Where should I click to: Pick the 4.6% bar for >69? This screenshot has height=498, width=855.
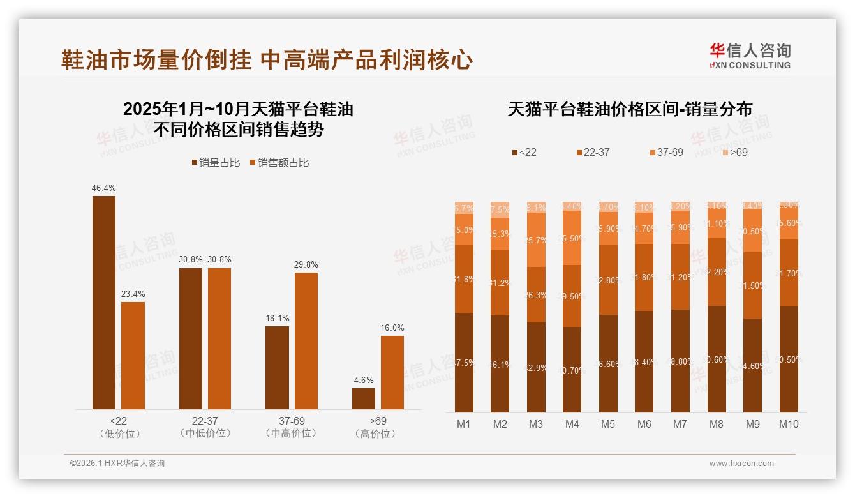pos(364,398)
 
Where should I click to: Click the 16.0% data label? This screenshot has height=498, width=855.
pos(392,328)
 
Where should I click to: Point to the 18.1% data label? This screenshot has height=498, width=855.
pos(278,318)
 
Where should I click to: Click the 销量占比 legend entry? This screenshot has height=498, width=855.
pos(216,163)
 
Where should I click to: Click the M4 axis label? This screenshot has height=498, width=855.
pos(572,424)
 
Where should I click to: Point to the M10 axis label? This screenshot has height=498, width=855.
pos(789,424)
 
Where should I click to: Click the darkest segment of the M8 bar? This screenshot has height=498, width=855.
pos(717,359)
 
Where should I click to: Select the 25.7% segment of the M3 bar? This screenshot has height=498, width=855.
pos(536,239)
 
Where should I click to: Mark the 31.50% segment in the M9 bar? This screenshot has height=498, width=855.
pos(753,285)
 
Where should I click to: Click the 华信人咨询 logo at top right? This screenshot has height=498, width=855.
pos(750,56)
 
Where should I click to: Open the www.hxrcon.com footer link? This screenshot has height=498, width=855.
pos(741,464)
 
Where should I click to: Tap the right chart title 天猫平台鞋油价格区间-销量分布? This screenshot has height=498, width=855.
pos(630,109)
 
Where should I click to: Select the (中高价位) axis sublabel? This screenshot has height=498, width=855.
pos(292,434)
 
